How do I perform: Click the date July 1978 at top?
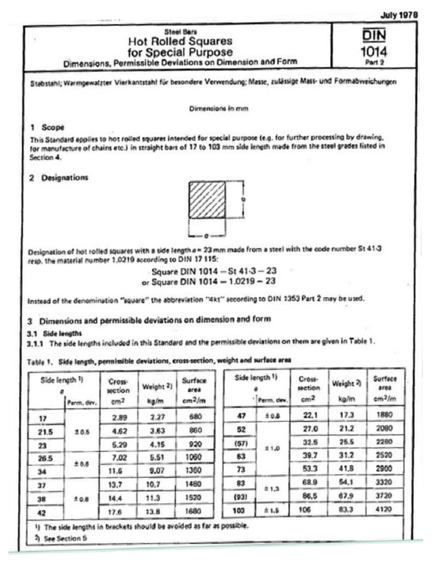point(399,15)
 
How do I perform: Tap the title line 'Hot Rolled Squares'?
point(180,41)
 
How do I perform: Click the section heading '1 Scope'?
point(47,127)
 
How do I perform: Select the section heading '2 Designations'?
point(59,178)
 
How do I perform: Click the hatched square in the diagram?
point(207,207)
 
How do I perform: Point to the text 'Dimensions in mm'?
point(218,108)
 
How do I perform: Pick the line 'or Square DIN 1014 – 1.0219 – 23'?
point(209,281)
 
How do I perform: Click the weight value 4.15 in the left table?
point(157,443)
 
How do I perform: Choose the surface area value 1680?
point(194,512)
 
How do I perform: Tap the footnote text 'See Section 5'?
point(64,538)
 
